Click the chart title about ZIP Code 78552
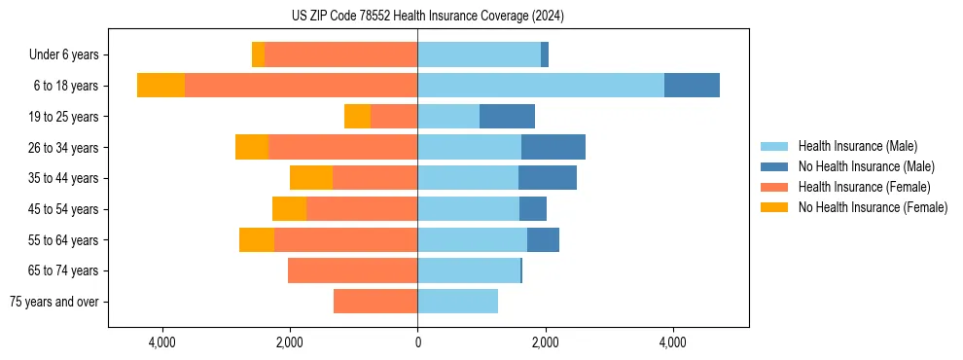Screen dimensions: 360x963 [x=428, y=17]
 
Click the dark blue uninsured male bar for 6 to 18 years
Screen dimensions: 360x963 [x=692, y=86]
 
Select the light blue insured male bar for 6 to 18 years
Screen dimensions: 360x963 [x=541, y=86]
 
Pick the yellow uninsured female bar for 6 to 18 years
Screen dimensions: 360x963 [x=160, y=86]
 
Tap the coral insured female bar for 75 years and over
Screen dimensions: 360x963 [x=375, y=302]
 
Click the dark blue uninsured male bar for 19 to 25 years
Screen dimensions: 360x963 [x=507, y=117]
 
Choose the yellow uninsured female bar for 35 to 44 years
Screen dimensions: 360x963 [x=311, y=178]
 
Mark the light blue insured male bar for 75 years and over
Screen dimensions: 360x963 [x=457, y=302]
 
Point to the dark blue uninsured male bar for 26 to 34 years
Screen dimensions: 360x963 [x=553, y=147]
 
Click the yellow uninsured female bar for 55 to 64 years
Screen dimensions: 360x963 [x=257, y=239]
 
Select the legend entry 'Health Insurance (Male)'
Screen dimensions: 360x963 [x=857, y=146]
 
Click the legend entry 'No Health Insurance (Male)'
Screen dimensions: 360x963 [x=866, y=166]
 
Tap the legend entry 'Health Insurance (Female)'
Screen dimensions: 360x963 [x=864, y=187]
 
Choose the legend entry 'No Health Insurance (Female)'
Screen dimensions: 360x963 [x=873, y=207]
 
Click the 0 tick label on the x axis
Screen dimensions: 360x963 [x=417, y=342]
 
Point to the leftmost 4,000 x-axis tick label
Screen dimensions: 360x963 [x=161, y=342]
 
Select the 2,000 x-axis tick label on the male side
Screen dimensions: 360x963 [x=545, y=342]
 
